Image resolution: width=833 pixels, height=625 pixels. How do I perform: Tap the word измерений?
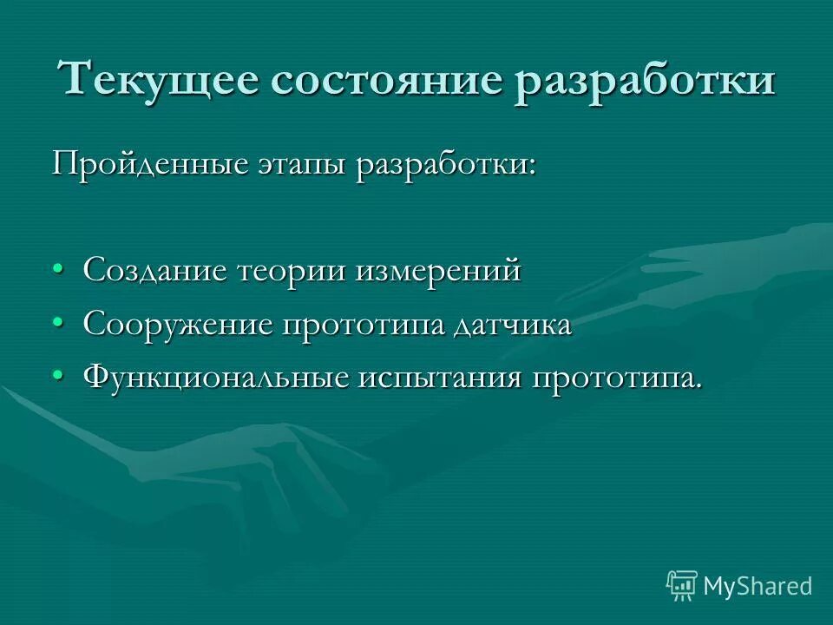pos(437,272)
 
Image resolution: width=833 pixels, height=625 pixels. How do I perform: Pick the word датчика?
pos(513,325)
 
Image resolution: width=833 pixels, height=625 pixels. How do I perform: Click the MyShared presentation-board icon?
pos(681,585)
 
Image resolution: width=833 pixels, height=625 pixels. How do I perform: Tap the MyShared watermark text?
pos(758,586)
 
